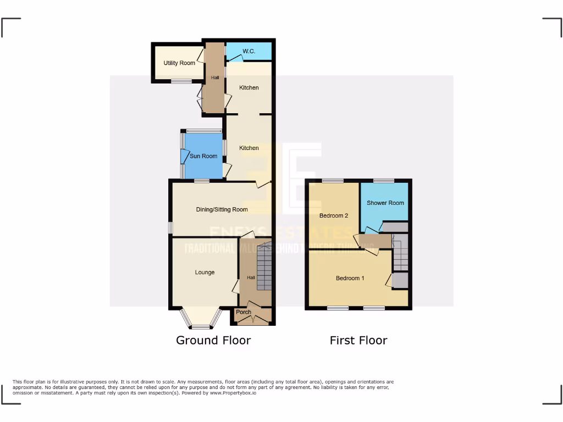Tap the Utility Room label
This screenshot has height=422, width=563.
point(179,63)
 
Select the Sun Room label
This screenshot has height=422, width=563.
point(203,156)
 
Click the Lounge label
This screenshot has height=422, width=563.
point(205,273)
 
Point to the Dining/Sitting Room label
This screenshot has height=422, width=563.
point(222,209)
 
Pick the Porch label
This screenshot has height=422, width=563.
point(244,312)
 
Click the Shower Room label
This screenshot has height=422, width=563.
point(385,203)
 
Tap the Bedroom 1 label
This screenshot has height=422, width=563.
point(350,278)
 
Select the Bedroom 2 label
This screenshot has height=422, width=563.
point(334,216)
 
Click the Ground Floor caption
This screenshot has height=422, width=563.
point(213,340)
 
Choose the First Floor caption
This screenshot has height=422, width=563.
point(358,340)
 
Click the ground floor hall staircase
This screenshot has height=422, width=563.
point(264,270)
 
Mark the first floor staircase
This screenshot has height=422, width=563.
point(401,253)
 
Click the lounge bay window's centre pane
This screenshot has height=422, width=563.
point(201,327)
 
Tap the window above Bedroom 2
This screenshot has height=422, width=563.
point(332,180)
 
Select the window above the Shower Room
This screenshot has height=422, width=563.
point(384,180)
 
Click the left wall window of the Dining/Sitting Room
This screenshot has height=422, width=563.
point(170,227)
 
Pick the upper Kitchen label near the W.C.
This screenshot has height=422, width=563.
point(249,88)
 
